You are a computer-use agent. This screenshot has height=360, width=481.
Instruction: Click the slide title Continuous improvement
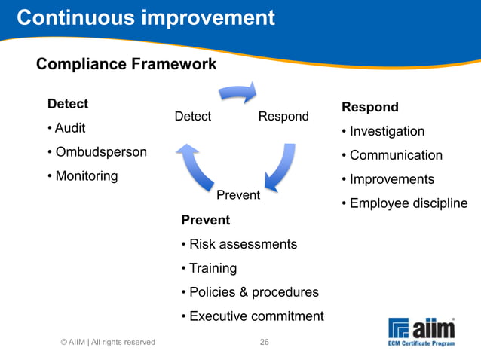(146, 17)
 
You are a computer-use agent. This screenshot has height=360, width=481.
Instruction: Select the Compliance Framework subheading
(126, 65)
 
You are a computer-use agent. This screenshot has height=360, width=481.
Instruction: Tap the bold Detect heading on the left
(68, 104)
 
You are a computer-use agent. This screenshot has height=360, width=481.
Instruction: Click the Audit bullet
(69, 128)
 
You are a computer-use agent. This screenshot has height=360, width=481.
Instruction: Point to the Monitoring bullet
(85, 176)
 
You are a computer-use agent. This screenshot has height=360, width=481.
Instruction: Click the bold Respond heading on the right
(370, 107)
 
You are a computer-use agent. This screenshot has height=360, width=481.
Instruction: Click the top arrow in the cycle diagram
(237, 93)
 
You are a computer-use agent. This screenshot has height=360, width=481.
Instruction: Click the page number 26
(265, 342)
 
